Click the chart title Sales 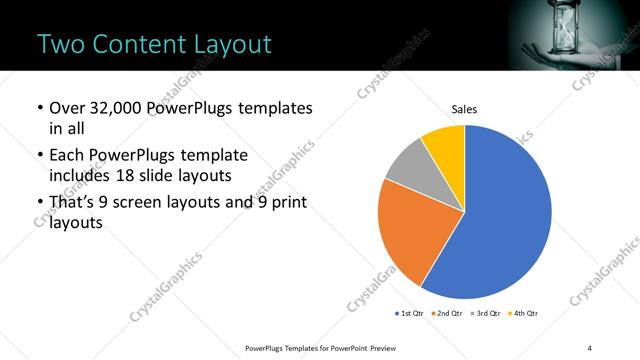click(x=465, y=108)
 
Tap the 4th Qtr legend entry click(x=525, y=313)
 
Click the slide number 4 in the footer click(x=589, y=347)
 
